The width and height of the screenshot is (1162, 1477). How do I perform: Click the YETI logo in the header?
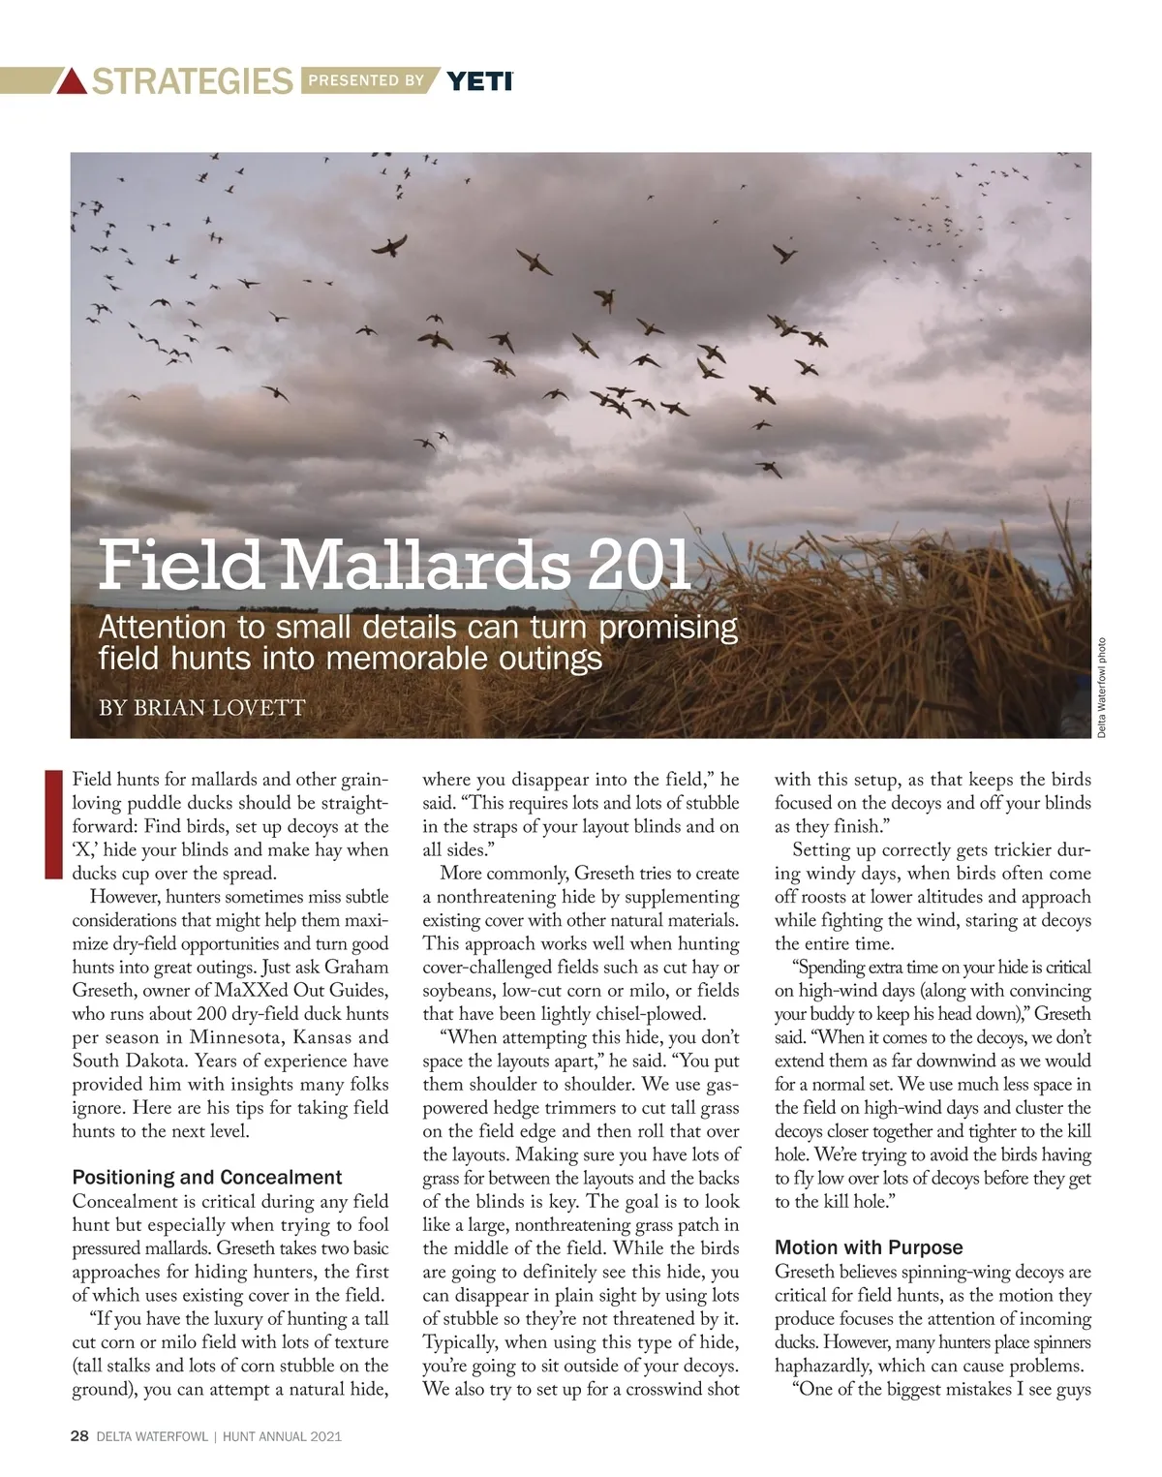tap(480, 80)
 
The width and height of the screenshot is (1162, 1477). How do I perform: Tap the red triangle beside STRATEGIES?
tap(72, 81)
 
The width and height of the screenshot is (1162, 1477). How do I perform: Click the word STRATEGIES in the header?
tap(192, 81)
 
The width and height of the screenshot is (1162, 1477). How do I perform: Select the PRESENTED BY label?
tap(366, 80)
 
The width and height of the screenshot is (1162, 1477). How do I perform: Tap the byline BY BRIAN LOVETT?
tap(202, 707)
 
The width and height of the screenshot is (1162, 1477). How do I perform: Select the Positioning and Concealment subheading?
tap(207, 1178)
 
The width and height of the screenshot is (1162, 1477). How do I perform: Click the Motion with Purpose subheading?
tap(869, 1247)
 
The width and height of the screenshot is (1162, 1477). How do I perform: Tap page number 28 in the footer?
tap(80, 1437)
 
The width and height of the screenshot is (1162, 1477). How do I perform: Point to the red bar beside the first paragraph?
tap(54, 823)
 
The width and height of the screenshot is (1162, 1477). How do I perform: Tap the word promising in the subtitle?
tap(669, 628)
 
